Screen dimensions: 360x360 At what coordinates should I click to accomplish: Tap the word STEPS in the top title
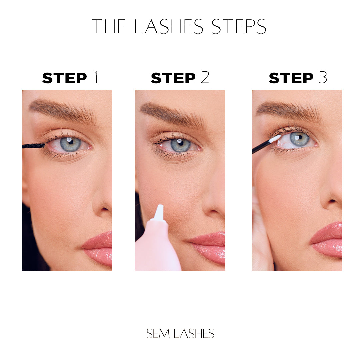(239, 27)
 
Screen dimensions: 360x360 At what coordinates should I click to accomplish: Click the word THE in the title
(109, 27)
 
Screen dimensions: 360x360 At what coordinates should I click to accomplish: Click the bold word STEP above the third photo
(291, 78)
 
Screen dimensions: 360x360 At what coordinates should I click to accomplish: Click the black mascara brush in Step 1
(33, 146)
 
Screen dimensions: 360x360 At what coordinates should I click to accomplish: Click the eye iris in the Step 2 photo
(181, 145)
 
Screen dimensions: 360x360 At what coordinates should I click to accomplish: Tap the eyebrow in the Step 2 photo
(173, 114)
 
